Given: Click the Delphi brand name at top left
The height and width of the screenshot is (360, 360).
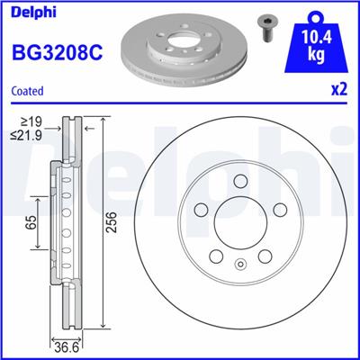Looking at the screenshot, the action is tap(33, 13).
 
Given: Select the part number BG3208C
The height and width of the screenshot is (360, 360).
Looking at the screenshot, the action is tap(57, 51).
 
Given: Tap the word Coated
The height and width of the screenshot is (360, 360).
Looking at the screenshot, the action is tap(27, 91).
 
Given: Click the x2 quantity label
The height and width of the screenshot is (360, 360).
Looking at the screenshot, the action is tap(339, 90).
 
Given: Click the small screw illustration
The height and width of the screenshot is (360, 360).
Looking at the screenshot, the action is tap(265, 29).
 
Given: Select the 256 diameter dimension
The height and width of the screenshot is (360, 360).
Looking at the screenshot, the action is tap(112, 222).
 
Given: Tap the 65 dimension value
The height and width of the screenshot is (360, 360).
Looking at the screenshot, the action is tap(32, 222).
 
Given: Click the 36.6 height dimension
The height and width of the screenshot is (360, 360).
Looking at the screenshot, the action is tap(67, 348).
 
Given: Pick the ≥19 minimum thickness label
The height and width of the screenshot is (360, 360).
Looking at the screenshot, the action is tap(31, 122).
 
